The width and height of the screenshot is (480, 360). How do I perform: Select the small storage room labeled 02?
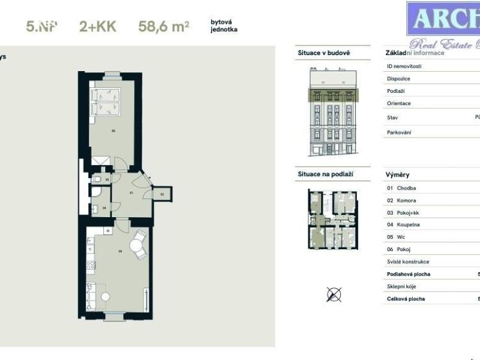[162, 193]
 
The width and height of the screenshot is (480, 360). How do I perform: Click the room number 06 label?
[113, 131]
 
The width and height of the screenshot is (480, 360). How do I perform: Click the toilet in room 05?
[95, 180]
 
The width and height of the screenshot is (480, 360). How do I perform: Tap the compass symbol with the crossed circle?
[333, 294]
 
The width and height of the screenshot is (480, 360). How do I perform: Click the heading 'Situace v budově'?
[324, 53]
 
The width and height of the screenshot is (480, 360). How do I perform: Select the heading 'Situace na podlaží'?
[325, 174]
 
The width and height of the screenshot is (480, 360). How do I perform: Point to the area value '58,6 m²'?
[163, 27]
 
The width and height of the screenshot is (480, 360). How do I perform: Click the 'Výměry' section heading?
[397, 174]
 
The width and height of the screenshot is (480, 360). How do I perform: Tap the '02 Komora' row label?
[402, 200]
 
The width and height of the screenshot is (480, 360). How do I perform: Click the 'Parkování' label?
[399, 133]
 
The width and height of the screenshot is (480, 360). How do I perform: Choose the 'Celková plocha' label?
[406, 299]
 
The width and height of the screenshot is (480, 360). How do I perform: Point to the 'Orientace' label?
[399, 103]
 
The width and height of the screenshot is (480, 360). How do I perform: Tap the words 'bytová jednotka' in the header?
[224, 26]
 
